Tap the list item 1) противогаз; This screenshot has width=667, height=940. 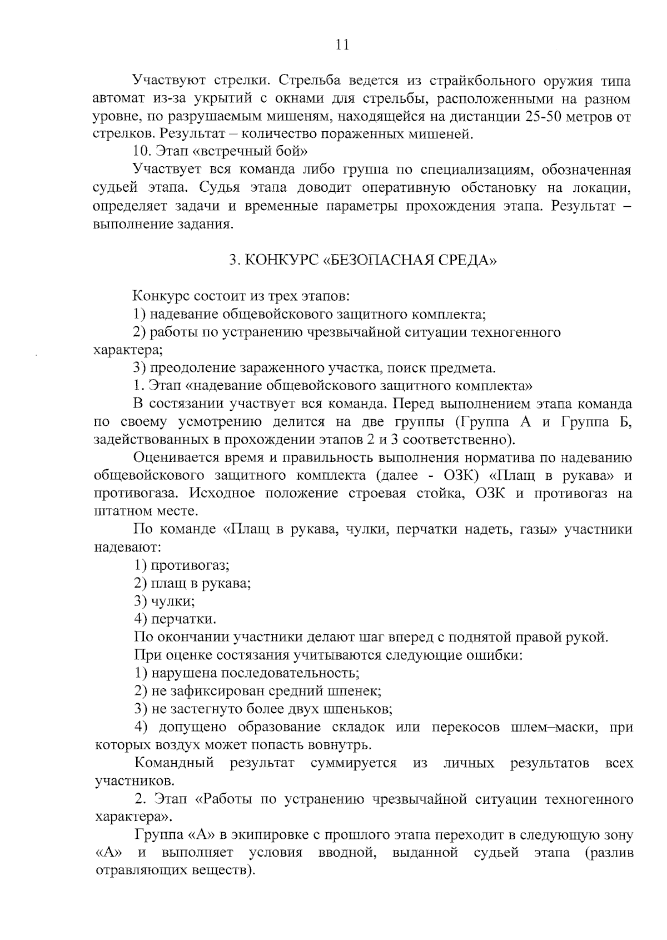pyautogui.click(x=182, y=565)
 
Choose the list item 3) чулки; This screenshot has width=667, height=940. pyautogui.click(x=165, y=601)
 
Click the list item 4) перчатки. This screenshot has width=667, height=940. pyautogui.click(x=175, y=619)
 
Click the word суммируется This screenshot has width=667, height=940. pyautogui.click(x=354, y=763)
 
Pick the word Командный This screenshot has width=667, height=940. pyautogui.click(x=174, y=763)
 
